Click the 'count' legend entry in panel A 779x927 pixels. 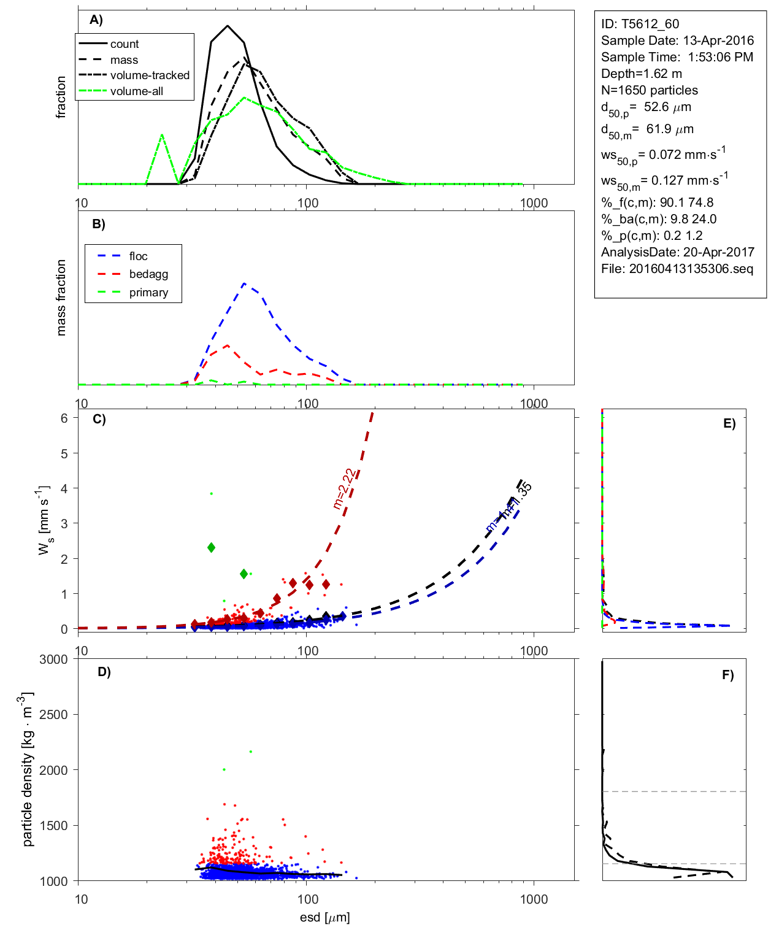[125, 44]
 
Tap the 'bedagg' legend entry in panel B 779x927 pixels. [148, 274]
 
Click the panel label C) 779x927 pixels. [99, 420]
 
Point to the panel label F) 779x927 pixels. [727, 675]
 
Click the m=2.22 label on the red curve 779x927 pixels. [344, 489]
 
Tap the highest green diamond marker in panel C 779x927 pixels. [211, 547]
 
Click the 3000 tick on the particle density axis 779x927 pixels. [53, 660]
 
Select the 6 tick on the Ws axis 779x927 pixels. [64, 418]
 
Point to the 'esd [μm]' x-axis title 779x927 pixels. [324, 918]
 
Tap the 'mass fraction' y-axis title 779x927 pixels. [61, 298]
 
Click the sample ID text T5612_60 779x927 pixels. [650, 24]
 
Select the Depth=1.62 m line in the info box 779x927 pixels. [641, 74]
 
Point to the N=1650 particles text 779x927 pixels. [649, 90]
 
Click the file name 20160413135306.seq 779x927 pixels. [691, 269]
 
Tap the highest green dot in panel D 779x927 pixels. [251, 752]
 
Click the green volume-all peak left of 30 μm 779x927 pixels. [162, 134]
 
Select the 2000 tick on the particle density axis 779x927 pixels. [53, 771]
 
